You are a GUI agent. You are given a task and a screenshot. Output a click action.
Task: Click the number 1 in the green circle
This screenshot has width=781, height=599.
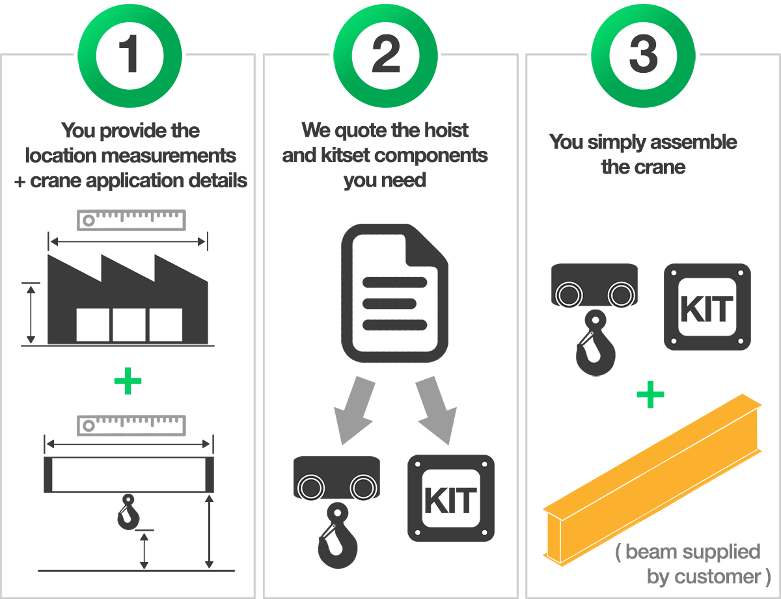click(130, 55)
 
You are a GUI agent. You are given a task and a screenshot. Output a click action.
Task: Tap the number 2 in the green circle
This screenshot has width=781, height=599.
click(386, 55)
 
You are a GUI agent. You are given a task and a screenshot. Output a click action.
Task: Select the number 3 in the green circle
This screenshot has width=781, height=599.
click(643, 55)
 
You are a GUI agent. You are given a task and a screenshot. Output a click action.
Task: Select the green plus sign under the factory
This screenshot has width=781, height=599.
click(128, 381)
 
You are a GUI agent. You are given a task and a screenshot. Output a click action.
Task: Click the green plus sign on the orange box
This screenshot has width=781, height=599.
click(650, 395)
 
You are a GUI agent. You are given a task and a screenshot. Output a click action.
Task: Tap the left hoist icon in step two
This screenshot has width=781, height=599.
click(310, 499)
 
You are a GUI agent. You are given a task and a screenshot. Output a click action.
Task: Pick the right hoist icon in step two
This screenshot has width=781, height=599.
click(363, 499)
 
